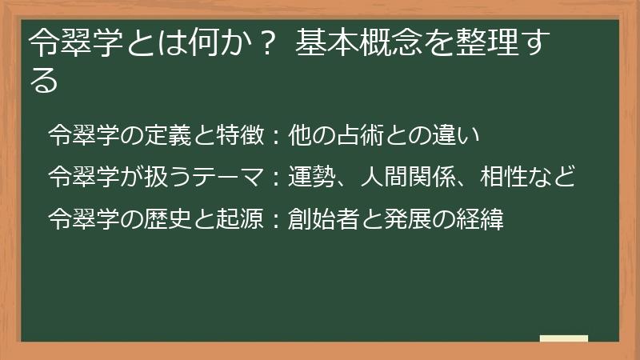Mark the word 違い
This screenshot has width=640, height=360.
click(x=450, y=134)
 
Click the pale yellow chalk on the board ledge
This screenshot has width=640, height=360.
click(x=564, y=338)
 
